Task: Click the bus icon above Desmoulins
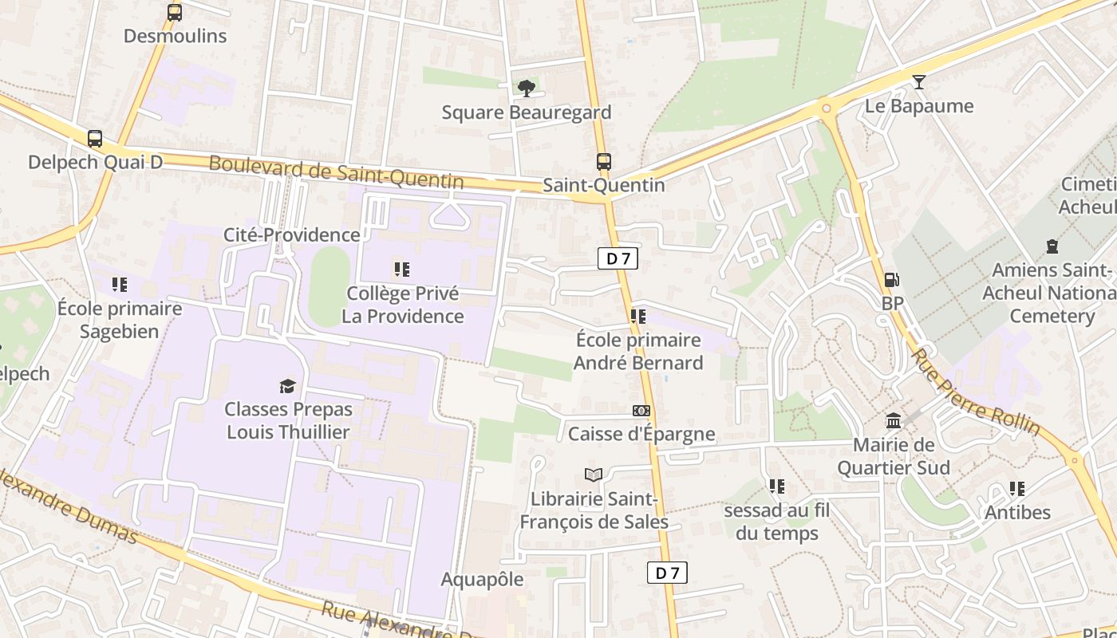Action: click(x=174, y=13)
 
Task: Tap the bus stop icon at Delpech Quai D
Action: click(x=95, y=139)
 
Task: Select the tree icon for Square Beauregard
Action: click(x=526, y=89)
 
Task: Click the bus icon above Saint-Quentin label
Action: click(x=603, y=162)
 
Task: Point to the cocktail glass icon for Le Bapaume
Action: click(x=919, y=82)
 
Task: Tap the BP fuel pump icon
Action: click(x=891, y=280)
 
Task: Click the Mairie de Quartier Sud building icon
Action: click(x=894, y=420)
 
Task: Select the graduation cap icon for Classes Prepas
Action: click(x=287, y=386)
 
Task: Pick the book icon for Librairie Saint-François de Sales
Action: click(x=593, y=475)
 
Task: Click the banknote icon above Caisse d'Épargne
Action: click(x=641, y=411)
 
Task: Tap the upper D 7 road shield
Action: click(x=618, y=258)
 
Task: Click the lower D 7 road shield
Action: click(x=666, y=573)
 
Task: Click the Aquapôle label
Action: click(x=482, y=580)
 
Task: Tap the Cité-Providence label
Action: click(x=291, y=234)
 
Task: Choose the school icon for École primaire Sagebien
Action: click(x=120, y=285)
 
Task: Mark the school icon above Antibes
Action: click(x=1016, y=488)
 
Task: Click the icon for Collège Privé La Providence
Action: click(x=402, y=270)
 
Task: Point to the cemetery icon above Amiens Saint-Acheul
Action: click(x=1052, y=246)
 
